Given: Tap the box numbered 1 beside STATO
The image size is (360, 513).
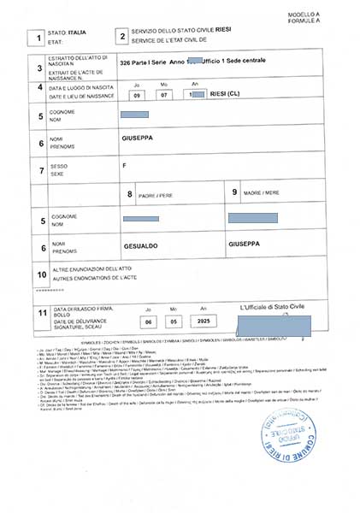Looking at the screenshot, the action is click(x=35, y=36).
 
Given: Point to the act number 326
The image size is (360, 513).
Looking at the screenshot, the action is click(x=127, y=64).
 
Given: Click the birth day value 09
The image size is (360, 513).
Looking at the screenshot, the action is click(x=137, y=95).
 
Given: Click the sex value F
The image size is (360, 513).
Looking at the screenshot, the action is click(x=125, y=164).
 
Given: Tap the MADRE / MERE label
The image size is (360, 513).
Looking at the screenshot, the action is click(x=262, y=194).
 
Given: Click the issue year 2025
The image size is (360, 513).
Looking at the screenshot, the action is click(x=204, y=321).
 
